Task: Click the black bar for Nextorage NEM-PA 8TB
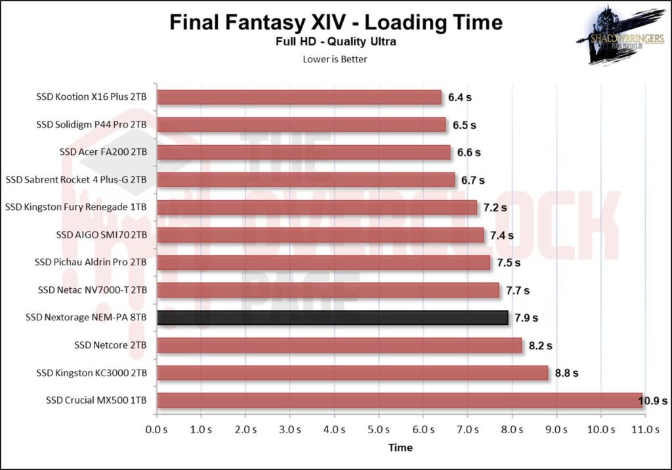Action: click(x=333, y=318)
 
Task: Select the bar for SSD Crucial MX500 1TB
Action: click(x=399, y=400)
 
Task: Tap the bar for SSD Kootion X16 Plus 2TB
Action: click(x=299, y=97)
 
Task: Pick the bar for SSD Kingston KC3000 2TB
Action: click(x=352, y=373)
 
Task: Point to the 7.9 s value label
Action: click(x=526, y=318)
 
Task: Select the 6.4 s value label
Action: click(x=460, y=97)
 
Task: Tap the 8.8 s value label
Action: click(x=566, y=373)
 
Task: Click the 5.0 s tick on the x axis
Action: click(x=378, y=429)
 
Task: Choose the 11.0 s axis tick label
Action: click(x=645, y=429)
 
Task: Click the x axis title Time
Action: click(x=400, y=448)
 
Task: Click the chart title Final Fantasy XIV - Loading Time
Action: click(x=336, y=22)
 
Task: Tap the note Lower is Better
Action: click(x=335, y=59)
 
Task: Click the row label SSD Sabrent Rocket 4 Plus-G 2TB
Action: click(x=76, y=180)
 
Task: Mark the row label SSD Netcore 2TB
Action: click(x=110, y=345)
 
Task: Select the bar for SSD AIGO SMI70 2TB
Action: click(x=320, y=235)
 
